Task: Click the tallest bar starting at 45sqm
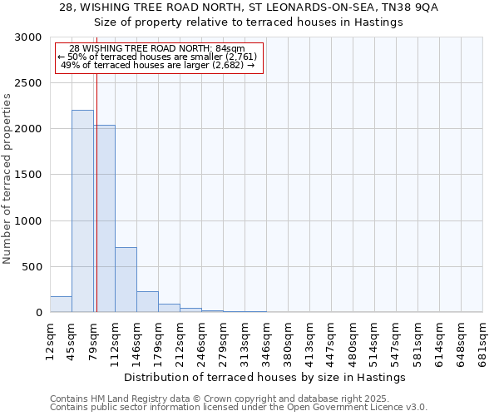click(82, 211)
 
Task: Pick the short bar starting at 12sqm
click(61, 305)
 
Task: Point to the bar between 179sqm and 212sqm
click(169, 308)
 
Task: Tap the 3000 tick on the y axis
click(28, 38)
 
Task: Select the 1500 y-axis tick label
click(28, 176)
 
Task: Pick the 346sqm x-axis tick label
click(266, 339)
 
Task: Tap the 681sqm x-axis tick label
click(482, 339)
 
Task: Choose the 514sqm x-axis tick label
click(374, 339)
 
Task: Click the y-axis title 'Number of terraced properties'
click(7, 179)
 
